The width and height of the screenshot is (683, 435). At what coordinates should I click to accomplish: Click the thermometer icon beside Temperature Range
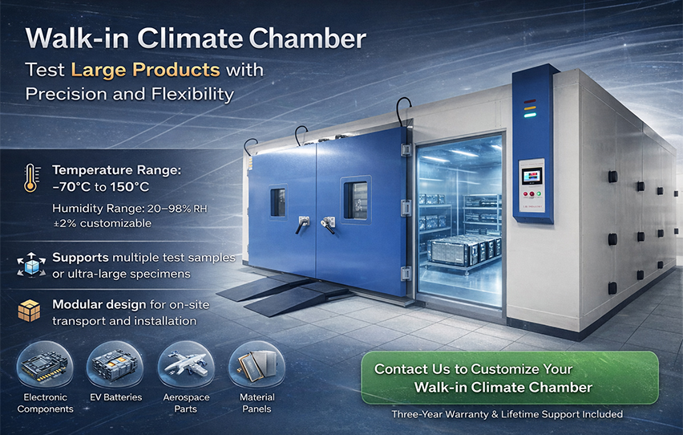click(x=30, y=177)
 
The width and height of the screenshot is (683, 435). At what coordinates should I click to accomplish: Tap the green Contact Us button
click(x=509, y=377)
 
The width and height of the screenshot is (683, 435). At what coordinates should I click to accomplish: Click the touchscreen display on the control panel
click(x=531, y=177)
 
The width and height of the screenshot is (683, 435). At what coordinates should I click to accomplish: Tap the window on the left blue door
click(x=277, y=202)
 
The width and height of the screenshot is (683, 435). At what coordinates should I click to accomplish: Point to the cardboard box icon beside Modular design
click(x=30, y=311)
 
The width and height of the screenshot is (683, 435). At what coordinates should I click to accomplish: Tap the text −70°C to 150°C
click(x=101, y=187)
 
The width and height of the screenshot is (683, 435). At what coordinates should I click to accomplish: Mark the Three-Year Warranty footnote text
click(x=507, y=414)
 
